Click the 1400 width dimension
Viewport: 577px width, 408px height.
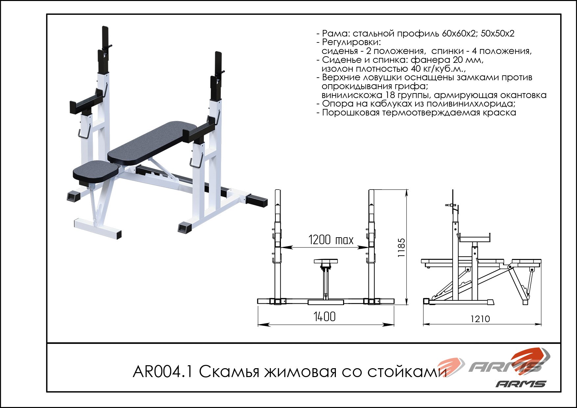click(x=324, y=317)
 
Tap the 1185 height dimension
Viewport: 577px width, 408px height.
click(x=401, y=247)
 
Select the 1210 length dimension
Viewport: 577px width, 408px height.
click(x=480, y=319)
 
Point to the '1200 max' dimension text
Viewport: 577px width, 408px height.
click(x=331, y=240)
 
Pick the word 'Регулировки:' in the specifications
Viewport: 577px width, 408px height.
click(x=351, y=42)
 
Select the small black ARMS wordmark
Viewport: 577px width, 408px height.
click(x=521, y=384)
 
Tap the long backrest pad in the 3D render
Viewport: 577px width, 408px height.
click(x=152, y=143)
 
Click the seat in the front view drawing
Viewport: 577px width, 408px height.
click(x=326, y=261)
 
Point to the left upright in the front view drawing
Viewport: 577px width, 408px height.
click(x=278, y=247)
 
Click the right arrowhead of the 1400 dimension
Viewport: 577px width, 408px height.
click(x=390, y=325)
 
